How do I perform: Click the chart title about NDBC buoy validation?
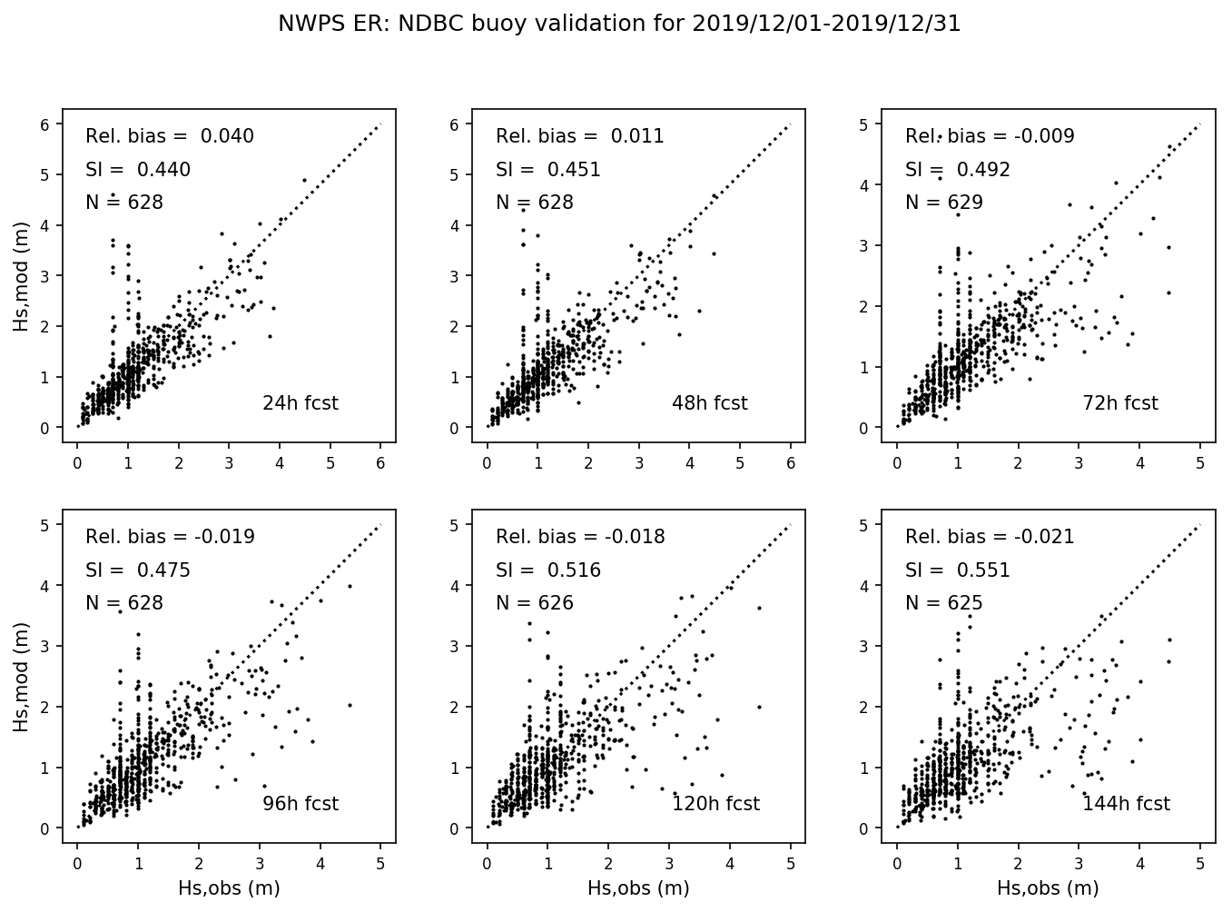click(x=619, y=25)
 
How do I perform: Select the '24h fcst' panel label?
click(x=300, y=403)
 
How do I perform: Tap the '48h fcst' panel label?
click(x=709, y=403)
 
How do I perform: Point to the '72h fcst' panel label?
click(x=1119, y=403)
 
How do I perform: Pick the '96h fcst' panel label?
click(x=300, y=804)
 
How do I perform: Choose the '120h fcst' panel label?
click(x=715, y=804)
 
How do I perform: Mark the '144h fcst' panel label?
click(x=1126, y=804)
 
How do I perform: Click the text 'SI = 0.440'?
click(x=138, y=170)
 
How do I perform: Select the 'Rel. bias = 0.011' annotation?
click(x=579, y=137)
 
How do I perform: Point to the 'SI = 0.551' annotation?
click(x=957, y=570)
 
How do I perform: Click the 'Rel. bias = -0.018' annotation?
click(x=580, y=538)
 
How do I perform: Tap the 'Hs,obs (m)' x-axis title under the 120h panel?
click(x=638, y=888)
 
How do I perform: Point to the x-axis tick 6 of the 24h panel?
click(x=380, y=463)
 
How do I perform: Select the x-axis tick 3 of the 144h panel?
click(x=1079, y=864)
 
